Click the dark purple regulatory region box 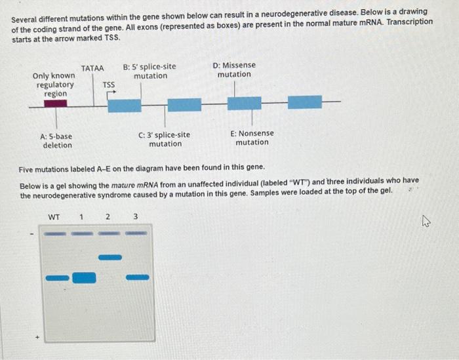coord(55,103)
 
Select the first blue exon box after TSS coord(124,105)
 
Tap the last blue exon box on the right coord(305,102)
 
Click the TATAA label coord(92,68)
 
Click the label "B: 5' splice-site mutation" coord(150,71)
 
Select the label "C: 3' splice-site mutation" coord(165,139)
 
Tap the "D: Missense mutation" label coord(234,70)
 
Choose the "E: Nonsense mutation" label coord(252,138)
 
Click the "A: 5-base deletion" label coord(57,140)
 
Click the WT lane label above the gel coord(54,217)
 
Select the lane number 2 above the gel coord(108,217)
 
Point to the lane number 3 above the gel coord(135,217)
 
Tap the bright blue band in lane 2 coord(110,257)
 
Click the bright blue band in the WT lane coord(56,278)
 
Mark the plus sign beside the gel coord(37,339)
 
